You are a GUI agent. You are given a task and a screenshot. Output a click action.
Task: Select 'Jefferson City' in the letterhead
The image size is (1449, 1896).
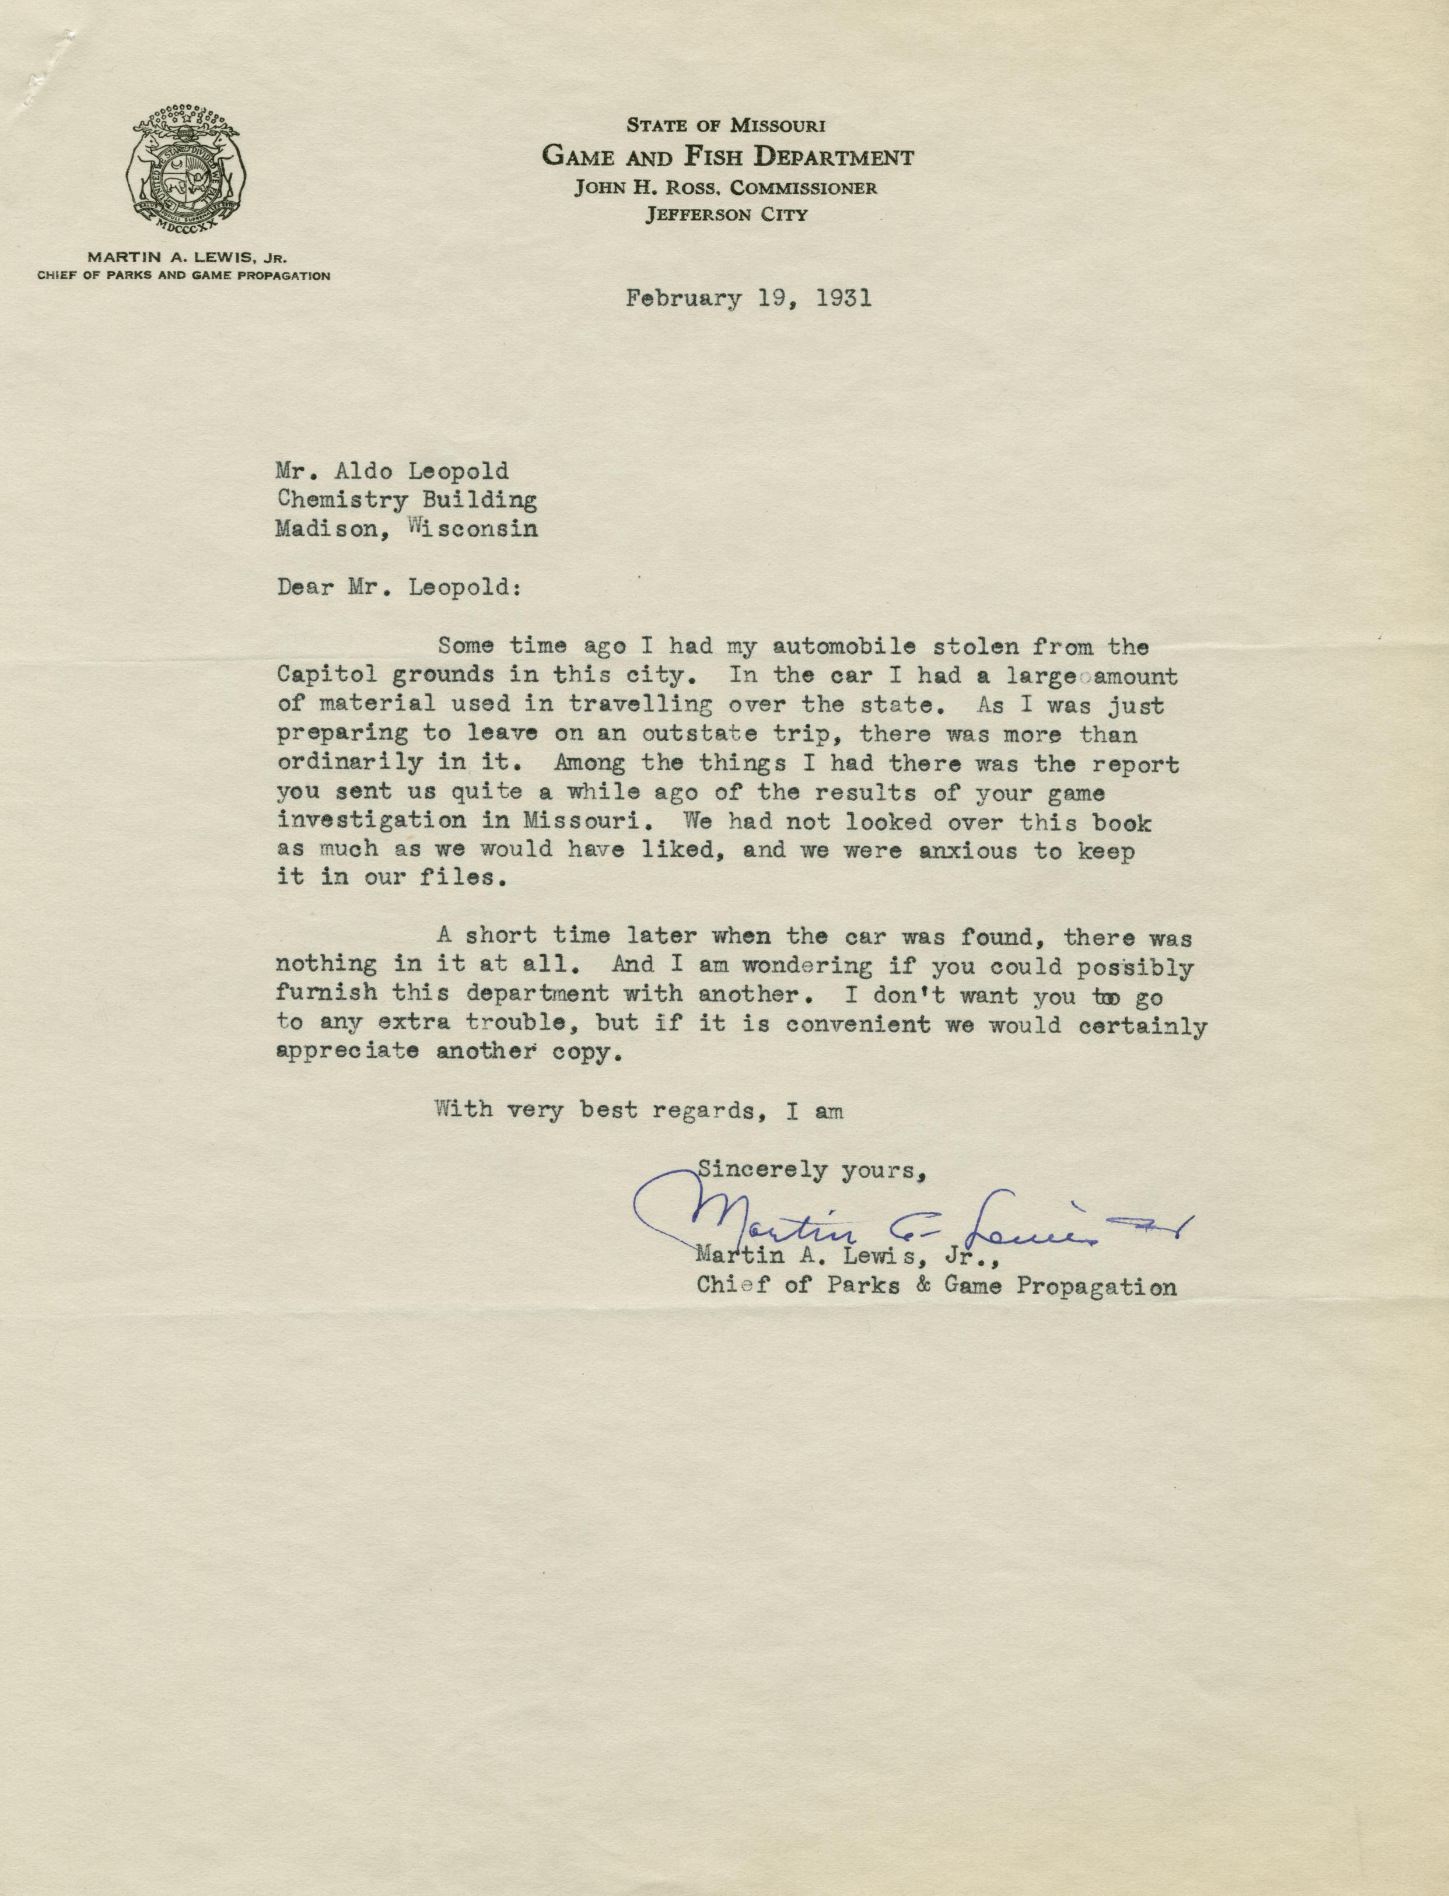tap(726, 215)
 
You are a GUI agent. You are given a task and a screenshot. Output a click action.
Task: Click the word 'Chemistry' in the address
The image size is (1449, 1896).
tap(342, 499)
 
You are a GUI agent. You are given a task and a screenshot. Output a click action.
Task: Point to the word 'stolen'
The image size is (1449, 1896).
tap(961, 646)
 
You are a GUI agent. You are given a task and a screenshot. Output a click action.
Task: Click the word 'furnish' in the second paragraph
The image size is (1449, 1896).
tap(326, 993)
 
